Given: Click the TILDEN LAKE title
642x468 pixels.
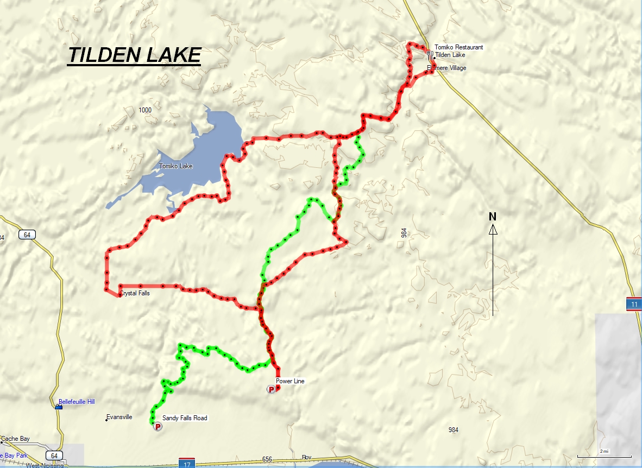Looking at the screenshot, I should coord(134,55).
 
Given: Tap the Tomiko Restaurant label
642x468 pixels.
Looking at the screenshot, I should coord(458,47).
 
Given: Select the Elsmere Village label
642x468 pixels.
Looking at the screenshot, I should coord(446,68).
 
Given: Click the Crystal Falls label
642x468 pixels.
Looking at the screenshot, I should coord(135,293).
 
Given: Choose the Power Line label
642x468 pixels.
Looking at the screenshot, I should coord(290,381).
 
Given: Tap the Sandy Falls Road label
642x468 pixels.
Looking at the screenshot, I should coord(185,418).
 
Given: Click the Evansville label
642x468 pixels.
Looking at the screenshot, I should coord(119,417).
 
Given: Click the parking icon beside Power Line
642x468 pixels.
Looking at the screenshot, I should coord(271,389).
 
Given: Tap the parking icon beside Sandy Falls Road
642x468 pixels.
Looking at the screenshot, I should coord(158,427).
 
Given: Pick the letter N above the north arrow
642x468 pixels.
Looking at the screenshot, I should coord(493,217).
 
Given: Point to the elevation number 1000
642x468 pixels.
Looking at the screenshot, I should coord(145,110).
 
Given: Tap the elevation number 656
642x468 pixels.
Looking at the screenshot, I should coord(267,459).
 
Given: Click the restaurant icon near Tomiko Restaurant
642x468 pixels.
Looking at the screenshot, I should coord(429,54).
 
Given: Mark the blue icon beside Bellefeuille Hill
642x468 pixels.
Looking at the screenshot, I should coord(59,407).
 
